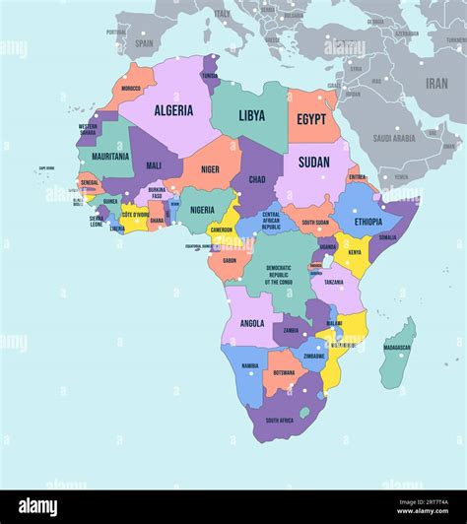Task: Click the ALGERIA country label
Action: tap(173, 110)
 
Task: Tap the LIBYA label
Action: tap(251, 115)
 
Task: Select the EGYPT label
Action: tap(311, 119)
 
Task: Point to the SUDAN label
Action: tap(313, 163)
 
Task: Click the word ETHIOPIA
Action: tap(368, 222)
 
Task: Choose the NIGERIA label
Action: tap(202, 210)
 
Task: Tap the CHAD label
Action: tap(257, 179)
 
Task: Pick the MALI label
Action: tap(154, 165)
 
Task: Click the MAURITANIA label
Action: tap(110, 156)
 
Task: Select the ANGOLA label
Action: tap(251, 323)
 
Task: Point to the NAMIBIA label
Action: tap(250, 366)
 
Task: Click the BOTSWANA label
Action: tap(284, 372)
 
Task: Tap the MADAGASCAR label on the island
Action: tap(397, 348)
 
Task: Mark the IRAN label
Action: tap(435, 84)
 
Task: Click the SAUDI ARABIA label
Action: tap(394, 139)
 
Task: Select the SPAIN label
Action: tap(144, 43)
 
